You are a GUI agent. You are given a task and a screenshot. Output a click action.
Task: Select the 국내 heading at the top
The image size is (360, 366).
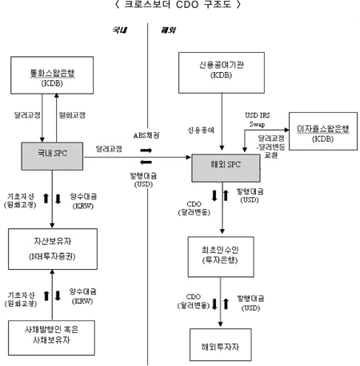click(122, 30)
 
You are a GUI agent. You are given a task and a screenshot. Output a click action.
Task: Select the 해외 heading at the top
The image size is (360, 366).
click(169, 30)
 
